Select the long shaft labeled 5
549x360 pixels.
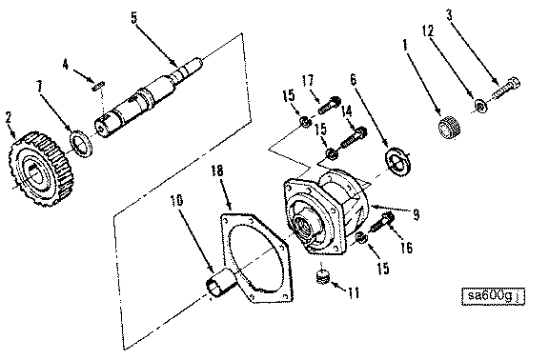(148, 97)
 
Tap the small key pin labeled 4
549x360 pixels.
(97, 86)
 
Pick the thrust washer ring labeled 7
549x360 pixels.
(81, 143)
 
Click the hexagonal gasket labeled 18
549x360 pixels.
(256, 257)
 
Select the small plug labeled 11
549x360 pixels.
(323, 276)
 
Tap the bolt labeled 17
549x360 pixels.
(329, 106)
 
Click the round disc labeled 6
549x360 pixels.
(398, 161)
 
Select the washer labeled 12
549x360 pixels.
(481, 106)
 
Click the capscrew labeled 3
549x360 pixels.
(507, 88)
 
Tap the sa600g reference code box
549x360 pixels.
(493, 296)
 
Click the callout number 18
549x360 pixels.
(217, 170)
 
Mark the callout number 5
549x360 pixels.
(134, 17)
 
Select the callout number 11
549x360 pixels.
(355, 291)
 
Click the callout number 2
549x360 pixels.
(9, 118)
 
